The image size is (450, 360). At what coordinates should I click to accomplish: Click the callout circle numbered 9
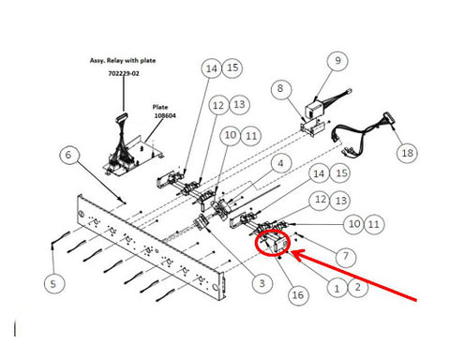point(337,60)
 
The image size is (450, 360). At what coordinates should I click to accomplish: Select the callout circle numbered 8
point(280,88)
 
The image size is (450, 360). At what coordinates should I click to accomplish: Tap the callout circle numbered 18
point(407,153)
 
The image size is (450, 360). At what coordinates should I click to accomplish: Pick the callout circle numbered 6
point(68,155)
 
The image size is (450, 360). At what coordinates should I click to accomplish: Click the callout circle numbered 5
point(53,284)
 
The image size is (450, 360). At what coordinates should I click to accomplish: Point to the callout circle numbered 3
point(262,283)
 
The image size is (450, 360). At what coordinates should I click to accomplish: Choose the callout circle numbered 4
point(280,163)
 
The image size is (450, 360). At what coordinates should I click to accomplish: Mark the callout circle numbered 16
point(297,294)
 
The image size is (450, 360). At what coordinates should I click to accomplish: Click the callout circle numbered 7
point(346,256)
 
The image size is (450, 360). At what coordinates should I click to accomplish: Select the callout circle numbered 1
point(337,288)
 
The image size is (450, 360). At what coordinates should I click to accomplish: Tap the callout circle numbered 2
point(358,287)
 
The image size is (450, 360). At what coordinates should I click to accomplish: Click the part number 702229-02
point(124,74)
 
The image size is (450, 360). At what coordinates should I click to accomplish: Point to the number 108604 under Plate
point(165,115)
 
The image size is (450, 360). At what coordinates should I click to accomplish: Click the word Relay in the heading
point(115,60)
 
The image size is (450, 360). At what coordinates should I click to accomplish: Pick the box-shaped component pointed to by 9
point(315,110)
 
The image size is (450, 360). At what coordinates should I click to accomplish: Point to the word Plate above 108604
point(160,107)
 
